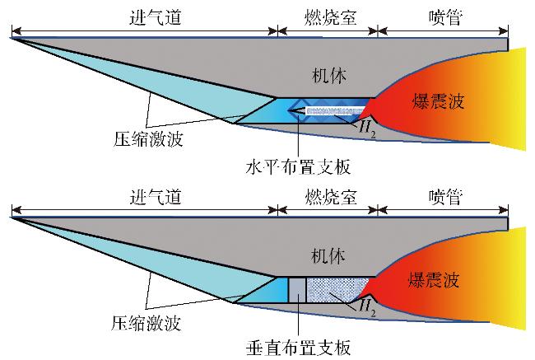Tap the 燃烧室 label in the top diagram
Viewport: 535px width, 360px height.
pyautogui.click(x=328, y=16)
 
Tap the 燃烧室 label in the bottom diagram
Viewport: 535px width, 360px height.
pyautogui.click(x=328, y=199)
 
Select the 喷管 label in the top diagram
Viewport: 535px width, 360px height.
pyautogui.click(x=444, y=16)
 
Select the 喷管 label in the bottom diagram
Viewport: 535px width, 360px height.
pyautogui.click(x=444, y=199)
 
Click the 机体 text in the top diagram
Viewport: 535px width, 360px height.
pyautogui.click(x=329, y=77)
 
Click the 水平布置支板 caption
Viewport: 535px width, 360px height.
pyautogui.click(x=300, y=166)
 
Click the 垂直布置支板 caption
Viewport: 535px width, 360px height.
pyautogui.click(x=300, y=347)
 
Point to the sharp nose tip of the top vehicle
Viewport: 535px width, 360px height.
pyautogui.click(x=12, y=38)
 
